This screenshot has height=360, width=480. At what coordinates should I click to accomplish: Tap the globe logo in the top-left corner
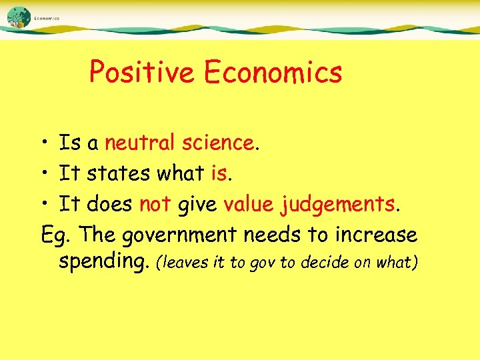point(19,17)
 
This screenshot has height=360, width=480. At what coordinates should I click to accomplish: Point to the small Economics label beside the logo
point(47,19)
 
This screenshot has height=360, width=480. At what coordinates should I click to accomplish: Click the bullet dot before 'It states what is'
point(41,175)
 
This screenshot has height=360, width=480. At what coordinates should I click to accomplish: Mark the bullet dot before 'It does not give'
point(41,205)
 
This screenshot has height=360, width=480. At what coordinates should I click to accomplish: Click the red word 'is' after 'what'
point(219,174)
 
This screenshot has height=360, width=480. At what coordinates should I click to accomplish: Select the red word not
point(155,205)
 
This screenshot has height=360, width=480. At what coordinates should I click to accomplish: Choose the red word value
point(249,205)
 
